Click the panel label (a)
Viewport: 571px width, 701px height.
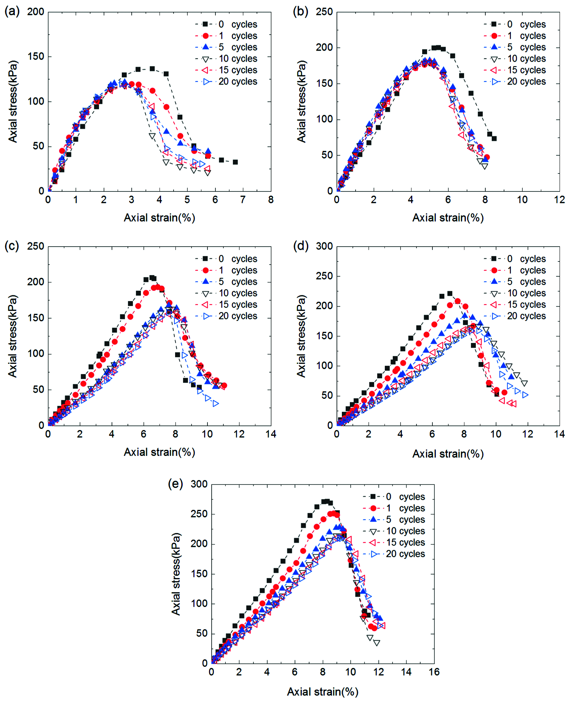[x=12, y=12]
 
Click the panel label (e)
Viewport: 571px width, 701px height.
[x=175, y=484]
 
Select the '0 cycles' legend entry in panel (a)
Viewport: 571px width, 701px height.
[x=226, y=24]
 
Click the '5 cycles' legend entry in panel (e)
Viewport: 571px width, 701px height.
[x=394, y=519]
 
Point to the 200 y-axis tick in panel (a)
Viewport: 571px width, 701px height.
[x=36, y=12]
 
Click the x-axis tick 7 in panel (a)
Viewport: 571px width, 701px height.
[x=243, y=200]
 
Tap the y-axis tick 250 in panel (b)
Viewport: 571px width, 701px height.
[x=324, y=12]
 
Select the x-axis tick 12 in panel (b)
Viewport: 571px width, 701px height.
[x=559, y=200]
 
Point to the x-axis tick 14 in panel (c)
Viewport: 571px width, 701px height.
[x=271, y=434]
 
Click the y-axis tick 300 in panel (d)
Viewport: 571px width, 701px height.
[x=324, y=246]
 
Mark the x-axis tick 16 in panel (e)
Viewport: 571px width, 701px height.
[x=434, y=672]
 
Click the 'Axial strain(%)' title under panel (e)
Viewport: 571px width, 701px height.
[x=323, y=691]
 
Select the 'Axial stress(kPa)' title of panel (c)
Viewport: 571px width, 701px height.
[x=13, y=336]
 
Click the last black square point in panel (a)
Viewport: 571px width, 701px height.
[x=235, y=162]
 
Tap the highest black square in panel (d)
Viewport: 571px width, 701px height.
[x=450, y=293]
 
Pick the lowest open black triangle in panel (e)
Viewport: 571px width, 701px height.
[x=377, y=643]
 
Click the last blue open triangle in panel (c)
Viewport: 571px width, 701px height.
[x=216, y=403]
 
